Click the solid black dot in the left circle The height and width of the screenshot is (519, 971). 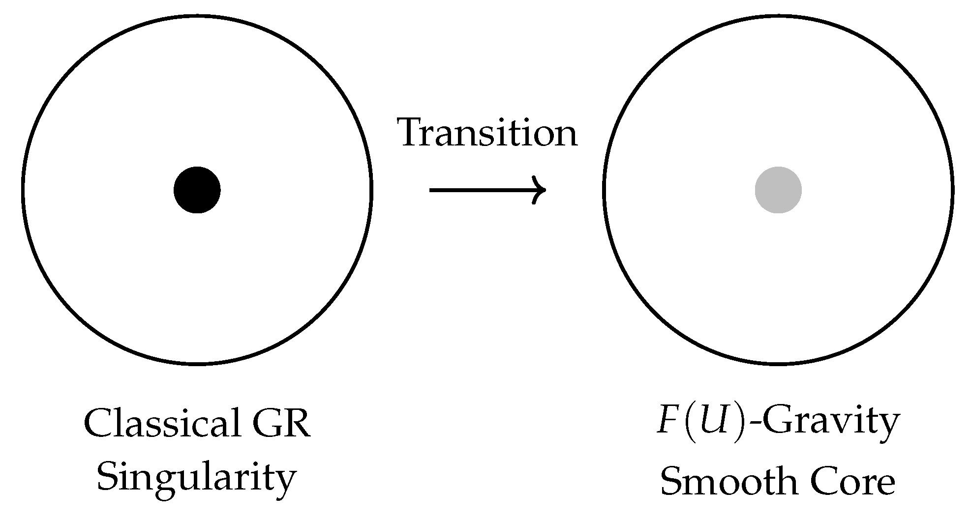(197, 190)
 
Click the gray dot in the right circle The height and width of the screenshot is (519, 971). (778, 190)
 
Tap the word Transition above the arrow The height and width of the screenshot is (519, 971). (488, 133)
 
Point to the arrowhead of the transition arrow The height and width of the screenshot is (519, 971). (541, 190)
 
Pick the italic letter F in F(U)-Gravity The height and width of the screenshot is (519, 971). (667, 423)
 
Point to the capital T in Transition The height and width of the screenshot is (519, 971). (412, 133)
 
